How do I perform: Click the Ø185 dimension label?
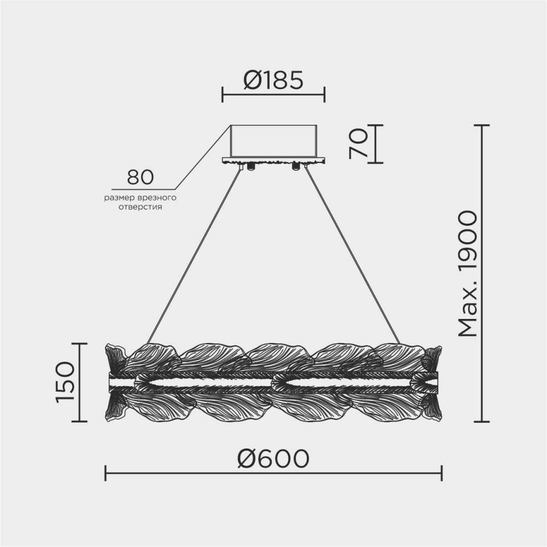pos(272,82)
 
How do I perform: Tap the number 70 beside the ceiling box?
pos(359,144)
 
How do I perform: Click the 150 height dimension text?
pos(64,382)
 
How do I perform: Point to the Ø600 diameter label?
pos(273,459)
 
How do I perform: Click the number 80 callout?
pos(140,177)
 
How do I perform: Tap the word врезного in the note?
pos(162,197)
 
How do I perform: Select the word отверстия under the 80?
pos(141,208)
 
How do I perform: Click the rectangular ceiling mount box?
pos(273,141)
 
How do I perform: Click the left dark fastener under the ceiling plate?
pos(251,166)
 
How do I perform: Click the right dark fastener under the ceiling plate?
pos(296,166)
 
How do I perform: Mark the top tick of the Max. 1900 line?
pos(481,125)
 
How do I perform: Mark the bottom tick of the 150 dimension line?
pos(79,421)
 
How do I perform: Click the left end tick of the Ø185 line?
pos(222,94)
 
